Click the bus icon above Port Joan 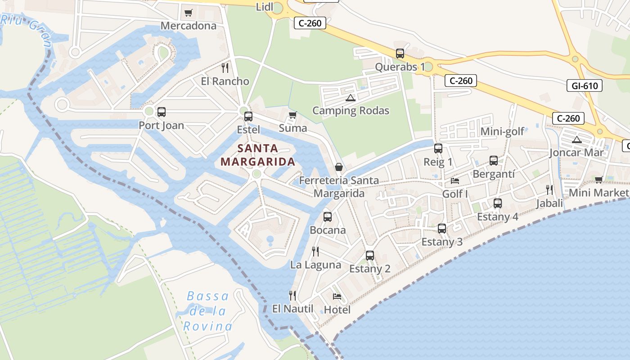161,112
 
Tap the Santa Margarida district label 258,155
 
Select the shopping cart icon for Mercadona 189,13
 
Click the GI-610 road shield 584,85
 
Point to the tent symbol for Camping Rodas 351,98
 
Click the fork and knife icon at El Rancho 225,68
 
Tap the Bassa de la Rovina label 208,311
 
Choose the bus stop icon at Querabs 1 400,54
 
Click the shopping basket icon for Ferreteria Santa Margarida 339,167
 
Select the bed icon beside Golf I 455,181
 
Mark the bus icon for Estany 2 370,256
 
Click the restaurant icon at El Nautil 292,296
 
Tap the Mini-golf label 502,131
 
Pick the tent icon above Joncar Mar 577,140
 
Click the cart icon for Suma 293,115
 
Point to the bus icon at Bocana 328,217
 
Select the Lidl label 264,7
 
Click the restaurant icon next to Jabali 549,190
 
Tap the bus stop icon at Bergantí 494,161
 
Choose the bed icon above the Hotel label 337,296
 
